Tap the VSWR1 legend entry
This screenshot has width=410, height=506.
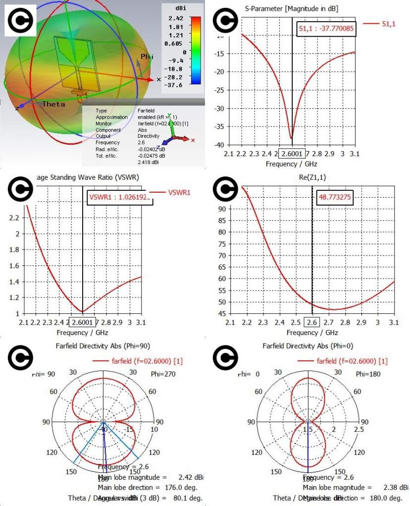coord(179,192)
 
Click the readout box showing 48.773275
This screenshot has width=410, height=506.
coord(335,198)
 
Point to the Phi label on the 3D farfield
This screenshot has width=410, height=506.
coord(147,57)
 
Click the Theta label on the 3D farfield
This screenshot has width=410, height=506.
coord(53,104)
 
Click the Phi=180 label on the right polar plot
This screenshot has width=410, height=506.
coord(370,374)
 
